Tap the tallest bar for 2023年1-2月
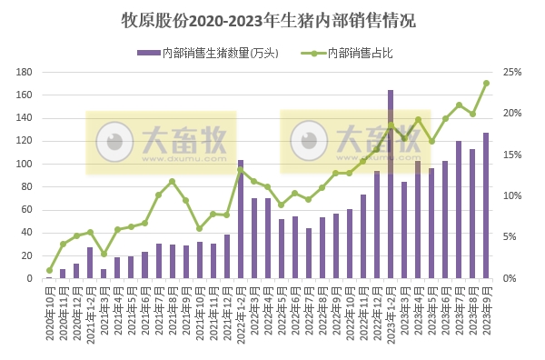[x=391, y=185]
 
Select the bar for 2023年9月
[x=486, y=206]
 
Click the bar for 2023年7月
[x=459, y=210]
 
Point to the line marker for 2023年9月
[x=486, y=83]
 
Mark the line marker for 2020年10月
[x=49, y=270]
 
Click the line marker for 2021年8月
[x=172, y=182]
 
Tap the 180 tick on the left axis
[x=25, y=72]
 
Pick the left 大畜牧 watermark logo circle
[x=114, y=142]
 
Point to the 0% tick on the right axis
[x=510, y=278]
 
